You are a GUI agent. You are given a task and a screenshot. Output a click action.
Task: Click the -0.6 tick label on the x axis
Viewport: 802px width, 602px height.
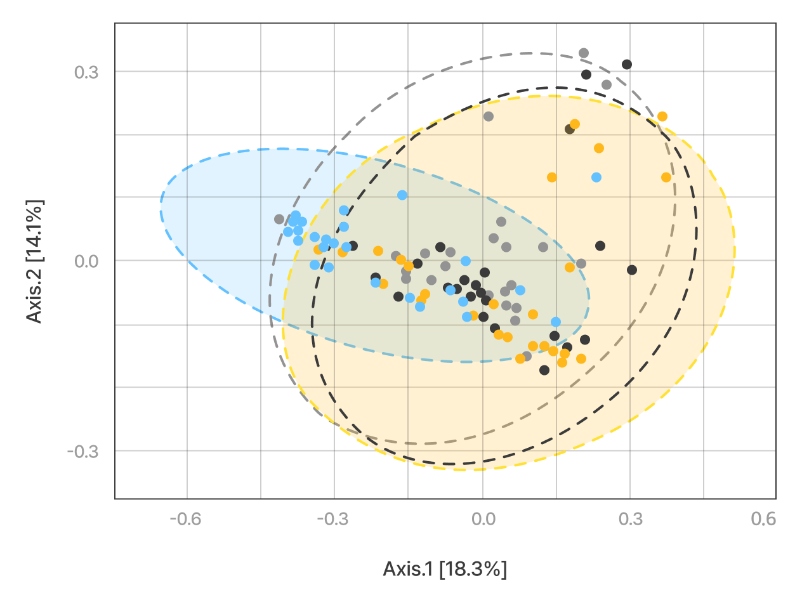pyautogui.click(x=187, y=520)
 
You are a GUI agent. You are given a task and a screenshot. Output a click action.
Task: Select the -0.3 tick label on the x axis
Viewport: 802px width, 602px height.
pyautogui.click(x=334, y=520)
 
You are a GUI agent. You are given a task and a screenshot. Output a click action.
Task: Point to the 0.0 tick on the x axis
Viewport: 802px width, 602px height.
pyautogui.click(x=483, y=520)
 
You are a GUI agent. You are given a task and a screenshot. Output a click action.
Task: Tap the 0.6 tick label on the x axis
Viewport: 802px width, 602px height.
pyautogui.click(x=763, y=520)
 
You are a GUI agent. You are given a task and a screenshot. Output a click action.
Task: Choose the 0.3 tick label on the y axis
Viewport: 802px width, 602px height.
pyautogui.click(x=88, y=72)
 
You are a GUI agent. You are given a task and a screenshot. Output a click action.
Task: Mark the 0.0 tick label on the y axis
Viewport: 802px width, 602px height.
pyautogui.click(x=88, y=261)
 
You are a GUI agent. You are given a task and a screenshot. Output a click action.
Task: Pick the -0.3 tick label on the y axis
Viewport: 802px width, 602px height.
pyautogui.click(x=84, y=451)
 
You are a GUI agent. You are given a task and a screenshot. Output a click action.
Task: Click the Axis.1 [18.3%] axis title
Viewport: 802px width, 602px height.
pyautogui.click(x=445, y=569)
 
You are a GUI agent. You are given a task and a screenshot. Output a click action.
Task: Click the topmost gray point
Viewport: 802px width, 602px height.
pyautogui.click(x=584, y=53)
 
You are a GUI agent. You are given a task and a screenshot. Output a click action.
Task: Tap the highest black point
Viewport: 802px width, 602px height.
pyautogui.click(x=627, y=64)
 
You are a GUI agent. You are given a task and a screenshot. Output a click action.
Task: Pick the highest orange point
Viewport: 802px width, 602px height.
pyautogui.click(x=662, y=116)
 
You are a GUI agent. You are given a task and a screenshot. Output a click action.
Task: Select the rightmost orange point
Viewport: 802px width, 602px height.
pyautogui.click(x=666, y=177)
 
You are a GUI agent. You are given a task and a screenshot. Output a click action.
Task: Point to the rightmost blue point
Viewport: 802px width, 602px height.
pyautogui.click(x=596, y=177)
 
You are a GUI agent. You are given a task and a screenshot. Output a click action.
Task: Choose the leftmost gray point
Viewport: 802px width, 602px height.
pyautogui.click(x=279, y=219)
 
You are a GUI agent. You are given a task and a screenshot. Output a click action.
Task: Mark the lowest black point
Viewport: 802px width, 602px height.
pyautogui.click(x=544, y=370)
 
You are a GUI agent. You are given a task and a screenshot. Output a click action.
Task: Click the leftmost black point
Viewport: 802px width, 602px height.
pyautogui.click(x=353, y=245)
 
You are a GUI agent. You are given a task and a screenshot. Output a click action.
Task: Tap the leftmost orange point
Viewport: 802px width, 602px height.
pyautogui.click(x=318, y=249)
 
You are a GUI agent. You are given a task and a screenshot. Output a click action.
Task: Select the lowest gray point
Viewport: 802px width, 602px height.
pyautogui.click(x=527, y=356)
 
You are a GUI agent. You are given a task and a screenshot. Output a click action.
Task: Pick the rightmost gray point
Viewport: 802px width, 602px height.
pyautogui.click(x=607, y=84)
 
